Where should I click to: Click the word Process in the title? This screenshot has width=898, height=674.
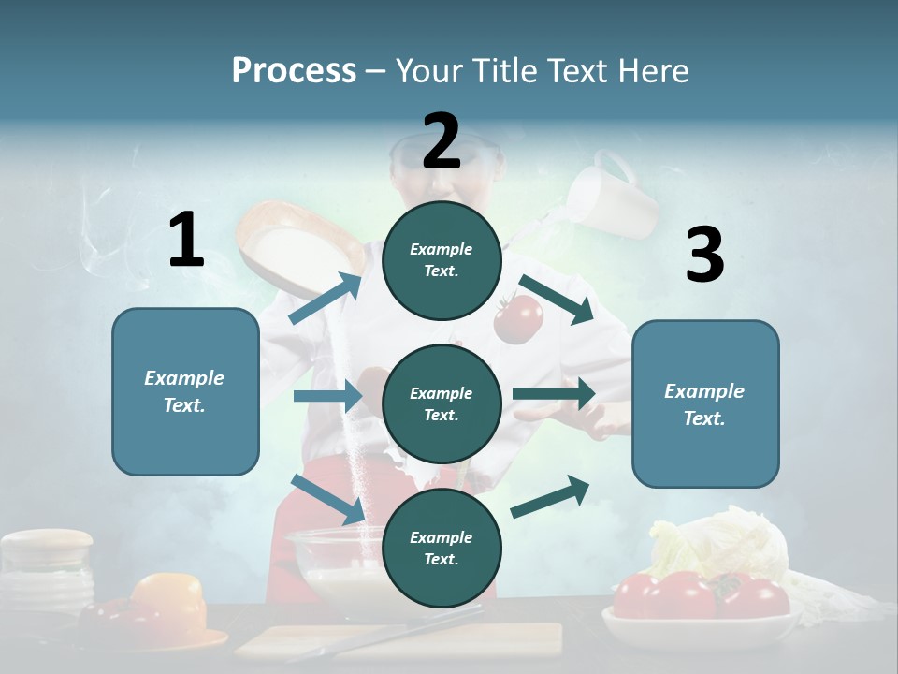[294, 71]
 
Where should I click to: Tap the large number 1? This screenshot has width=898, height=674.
[186, 240]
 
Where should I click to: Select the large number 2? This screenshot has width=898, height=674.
[442, 140]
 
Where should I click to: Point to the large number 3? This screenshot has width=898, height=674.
[704, 255]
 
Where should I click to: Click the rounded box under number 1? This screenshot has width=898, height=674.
[185, 391]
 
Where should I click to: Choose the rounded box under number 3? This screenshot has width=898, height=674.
[705, 404]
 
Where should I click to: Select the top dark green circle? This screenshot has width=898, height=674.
[442, 260]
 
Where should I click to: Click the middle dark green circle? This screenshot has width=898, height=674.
[442, 403]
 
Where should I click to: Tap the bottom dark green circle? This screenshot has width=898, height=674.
[442, 548]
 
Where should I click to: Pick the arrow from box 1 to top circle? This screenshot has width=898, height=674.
[326, 299]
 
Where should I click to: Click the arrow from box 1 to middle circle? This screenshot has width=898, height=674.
[327, 396]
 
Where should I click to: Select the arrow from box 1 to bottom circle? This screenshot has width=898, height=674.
[327, 498]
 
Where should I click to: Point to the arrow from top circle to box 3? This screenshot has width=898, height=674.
[557, 300]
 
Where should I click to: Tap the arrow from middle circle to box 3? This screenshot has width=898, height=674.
[554, 394]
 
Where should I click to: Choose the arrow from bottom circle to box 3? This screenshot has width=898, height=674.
[550, 497]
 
